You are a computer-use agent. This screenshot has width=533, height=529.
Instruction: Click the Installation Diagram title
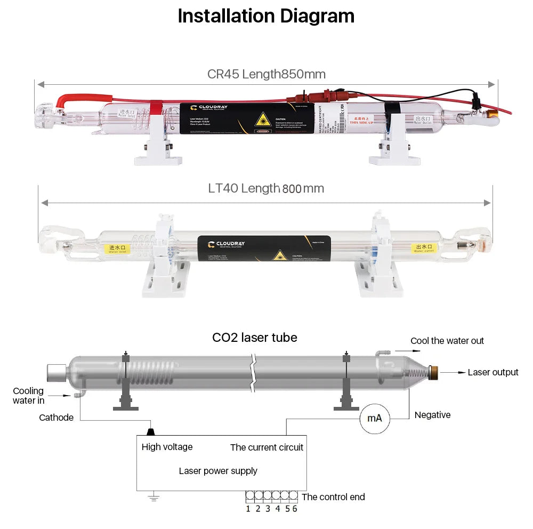tap(266, 16)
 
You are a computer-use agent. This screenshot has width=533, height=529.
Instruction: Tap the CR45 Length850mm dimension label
tap(266, 74)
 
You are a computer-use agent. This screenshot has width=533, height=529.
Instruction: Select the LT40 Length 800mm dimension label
tap(266, 188)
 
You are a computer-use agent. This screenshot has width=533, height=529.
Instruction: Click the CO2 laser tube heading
tap(254, 338)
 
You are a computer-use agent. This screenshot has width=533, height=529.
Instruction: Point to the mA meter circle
tap(375, 418)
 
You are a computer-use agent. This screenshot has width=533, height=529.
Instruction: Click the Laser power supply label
tap(218, 471)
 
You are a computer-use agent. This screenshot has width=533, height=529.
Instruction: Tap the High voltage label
tap(167, 447)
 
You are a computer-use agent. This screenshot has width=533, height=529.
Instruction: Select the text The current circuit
tap(266, 447)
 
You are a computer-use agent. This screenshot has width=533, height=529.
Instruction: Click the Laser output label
tap(492, 372)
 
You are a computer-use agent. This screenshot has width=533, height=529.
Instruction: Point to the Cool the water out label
tap(447, 341)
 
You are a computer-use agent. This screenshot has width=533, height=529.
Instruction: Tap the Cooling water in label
tap(29, 396)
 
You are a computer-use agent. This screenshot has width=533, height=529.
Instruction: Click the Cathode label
tap(56, 418)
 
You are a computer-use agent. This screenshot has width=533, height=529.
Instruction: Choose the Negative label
tap(432, 415)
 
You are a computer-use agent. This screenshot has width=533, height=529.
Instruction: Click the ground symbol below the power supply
tap(154, 499)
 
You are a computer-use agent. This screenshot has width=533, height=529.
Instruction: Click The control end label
tap(333, 497)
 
